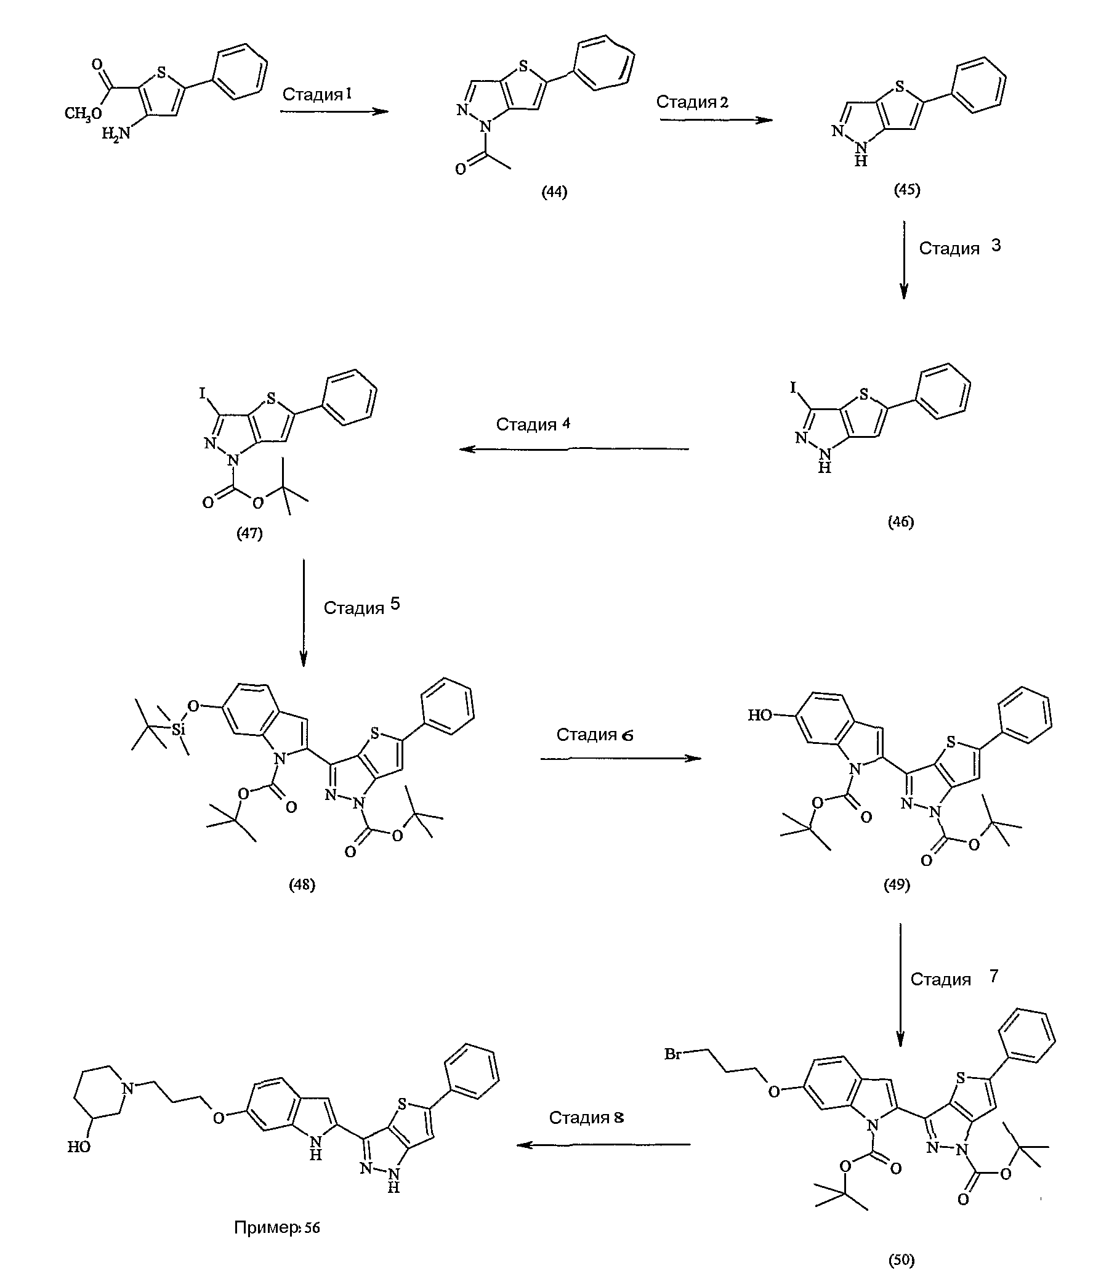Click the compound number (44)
coord(554,192)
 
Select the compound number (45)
coord(906,190)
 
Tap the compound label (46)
coord(901,522)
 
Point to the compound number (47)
coord(249,534)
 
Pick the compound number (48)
coord(302,885)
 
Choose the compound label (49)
coord(897,885)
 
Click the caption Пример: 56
coord(277,1228)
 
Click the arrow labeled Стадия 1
coord(334,111)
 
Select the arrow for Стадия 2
coord(716,119)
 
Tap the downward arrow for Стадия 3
coord(903,259)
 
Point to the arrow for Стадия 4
coord(574,449)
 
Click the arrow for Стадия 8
coord(603,1145)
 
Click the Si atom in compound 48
coord(178,730)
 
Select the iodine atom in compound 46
coord(794,387)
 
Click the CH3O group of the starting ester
coord(83,115)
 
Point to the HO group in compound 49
coord(759,715)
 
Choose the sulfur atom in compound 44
coord(524,65)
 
